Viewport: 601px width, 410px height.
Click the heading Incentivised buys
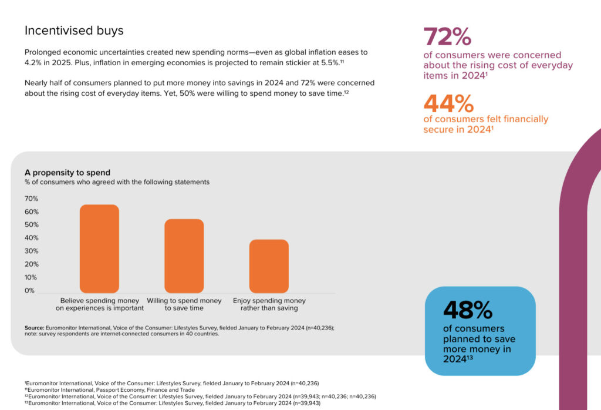click(74, 31)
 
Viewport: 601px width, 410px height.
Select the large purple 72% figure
click(447, 37)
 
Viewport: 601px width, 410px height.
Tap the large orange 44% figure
click(448, 104)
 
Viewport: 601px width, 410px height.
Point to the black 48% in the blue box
click(468, 310)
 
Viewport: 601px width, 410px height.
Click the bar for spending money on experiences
click(99, 248)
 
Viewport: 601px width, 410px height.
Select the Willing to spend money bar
click(184, 256)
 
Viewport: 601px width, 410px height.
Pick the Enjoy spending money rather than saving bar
click(269, 266)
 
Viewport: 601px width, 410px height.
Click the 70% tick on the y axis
click(31, 199)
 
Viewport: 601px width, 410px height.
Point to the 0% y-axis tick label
click(29, 291)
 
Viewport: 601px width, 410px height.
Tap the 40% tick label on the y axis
click(31, 238)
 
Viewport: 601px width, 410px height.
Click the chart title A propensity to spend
click(67, 173)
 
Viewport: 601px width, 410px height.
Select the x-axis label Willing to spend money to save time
click(184, 304)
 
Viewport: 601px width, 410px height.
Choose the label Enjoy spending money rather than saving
click(269, 304)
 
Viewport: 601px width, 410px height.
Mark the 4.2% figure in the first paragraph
click(35, 62)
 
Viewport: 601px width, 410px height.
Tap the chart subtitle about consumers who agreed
click(117, 182)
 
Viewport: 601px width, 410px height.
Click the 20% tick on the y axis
click(31, 264)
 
